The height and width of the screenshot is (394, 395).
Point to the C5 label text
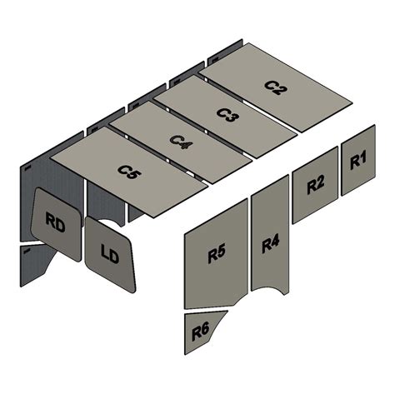coord(128,172)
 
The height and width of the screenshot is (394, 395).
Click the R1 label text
coord(358,161)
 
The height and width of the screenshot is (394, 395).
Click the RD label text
coord(55,223)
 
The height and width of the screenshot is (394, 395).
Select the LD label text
coord(109,254)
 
